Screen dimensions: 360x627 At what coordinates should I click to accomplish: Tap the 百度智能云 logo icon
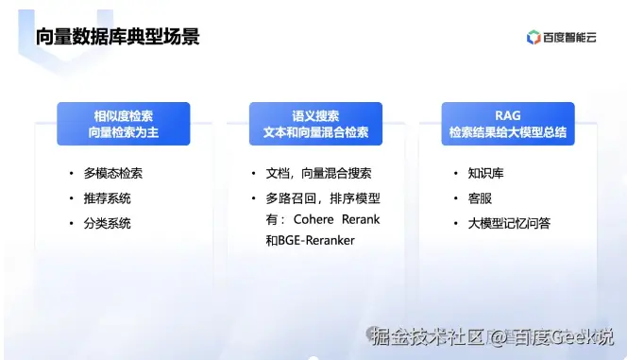pyautogui.click(x=534, y=38)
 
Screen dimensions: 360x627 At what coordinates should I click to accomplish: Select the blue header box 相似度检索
pyautogui.click(x=123, y=124)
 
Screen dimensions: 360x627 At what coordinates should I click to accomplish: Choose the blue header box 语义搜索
pyautogui.click(x=315, y=124)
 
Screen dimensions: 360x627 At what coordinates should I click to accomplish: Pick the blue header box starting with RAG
pyautogui.click(x=507, y=124)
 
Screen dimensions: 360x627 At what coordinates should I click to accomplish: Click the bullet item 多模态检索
pyautogui.click(x=112, y=174)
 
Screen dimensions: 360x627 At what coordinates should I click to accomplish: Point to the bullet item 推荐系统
pyautogui.click(x=107, y=198)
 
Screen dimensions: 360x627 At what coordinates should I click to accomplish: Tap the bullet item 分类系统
pyautogui.click(x=107, y=223)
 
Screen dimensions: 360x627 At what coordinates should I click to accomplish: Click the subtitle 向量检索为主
pyautogui.click(x=123, y=133)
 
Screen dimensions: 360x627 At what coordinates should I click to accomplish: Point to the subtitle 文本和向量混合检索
pyautogui.click(x=315, y=133)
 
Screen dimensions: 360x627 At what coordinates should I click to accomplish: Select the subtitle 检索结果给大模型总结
pyautogui.click(x=507, y=133)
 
